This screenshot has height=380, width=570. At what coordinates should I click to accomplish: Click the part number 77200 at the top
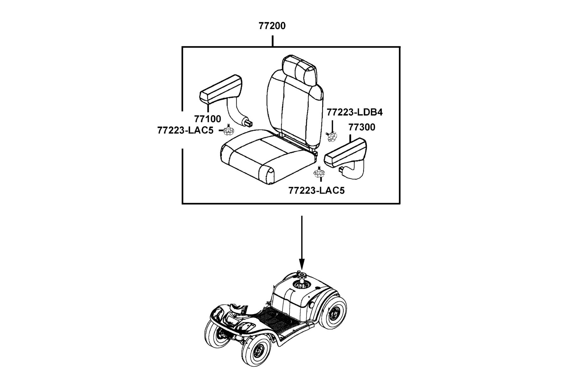pos(272,26)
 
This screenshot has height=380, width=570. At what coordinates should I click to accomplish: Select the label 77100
pos(207,119)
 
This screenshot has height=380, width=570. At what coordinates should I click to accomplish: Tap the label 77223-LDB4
pos(355,112)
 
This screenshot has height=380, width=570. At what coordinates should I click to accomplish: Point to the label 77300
pos(362,127)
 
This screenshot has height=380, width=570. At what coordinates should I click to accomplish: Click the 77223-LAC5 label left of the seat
pos(185,130)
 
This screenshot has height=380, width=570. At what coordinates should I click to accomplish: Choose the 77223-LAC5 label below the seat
pos(316,190)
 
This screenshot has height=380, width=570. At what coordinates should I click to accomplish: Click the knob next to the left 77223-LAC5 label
pos(227,130)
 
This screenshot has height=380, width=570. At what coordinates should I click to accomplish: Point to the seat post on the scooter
pos(301,279)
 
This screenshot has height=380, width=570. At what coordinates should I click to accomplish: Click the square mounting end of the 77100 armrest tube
pos(249,122)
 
